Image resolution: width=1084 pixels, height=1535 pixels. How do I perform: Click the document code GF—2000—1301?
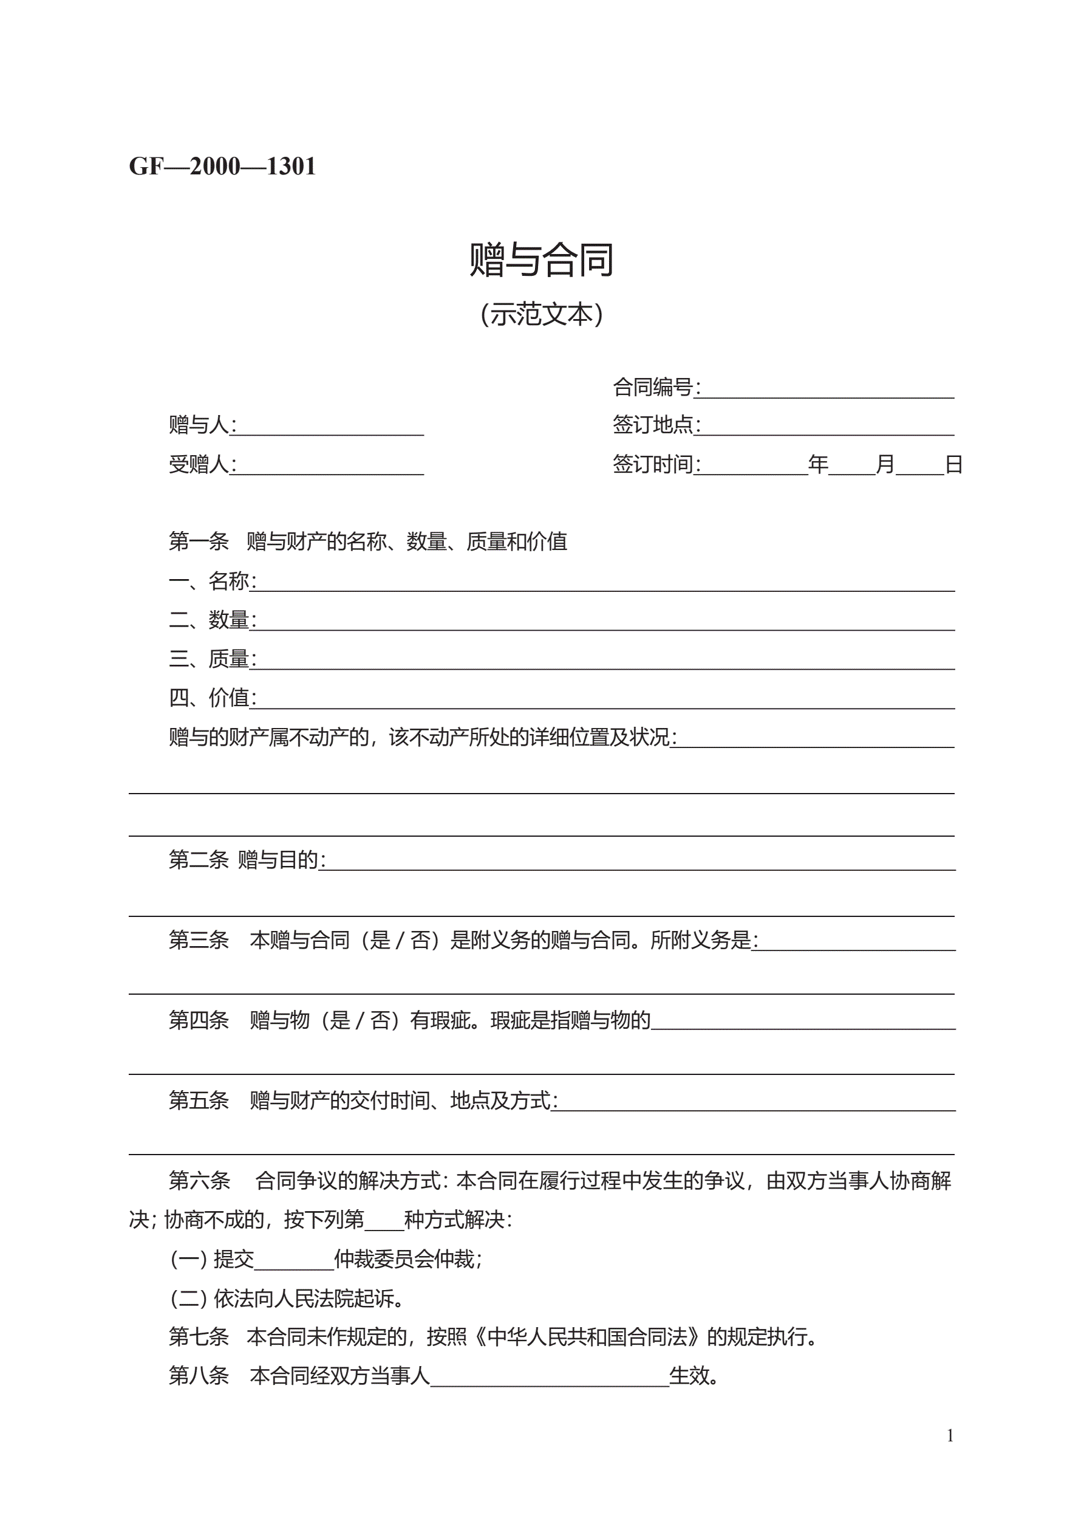click(x=222, y=166)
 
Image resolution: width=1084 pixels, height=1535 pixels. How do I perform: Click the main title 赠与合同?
click(x=541, y=259)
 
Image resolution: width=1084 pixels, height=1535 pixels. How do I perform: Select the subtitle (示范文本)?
click(x=541, y=314)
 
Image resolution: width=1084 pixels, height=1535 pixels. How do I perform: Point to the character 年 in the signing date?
click(x=818, y=464)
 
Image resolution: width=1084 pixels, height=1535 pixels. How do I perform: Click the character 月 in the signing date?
click(x=885, y=464)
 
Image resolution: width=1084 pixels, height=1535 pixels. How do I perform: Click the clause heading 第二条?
click(x=199, y=860)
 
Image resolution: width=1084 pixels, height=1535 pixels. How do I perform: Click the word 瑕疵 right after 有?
click(x=450, y=1020)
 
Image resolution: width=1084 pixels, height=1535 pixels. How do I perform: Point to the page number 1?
click(x=950, y=1435)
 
